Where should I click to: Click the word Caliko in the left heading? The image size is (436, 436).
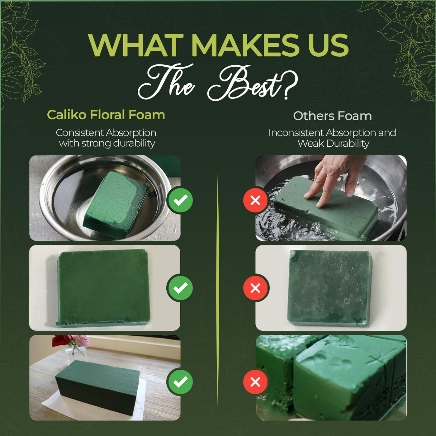[67, 115]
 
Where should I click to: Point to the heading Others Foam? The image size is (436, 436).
[332, 116]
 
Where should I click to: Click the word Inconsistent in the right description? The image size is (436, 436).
[296, 133]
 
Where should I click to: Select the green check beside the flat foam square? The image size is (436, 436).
[180, 288]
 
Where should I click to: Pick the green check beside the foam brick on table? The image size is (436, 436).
[180, 382]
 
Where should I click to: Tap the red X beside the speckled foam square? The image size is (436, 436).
[255, 288]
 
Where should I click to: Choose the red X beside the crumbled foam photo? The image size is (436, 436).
[255, 382]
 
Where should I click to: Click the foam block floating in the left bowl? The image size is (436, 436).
[116, 204]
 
